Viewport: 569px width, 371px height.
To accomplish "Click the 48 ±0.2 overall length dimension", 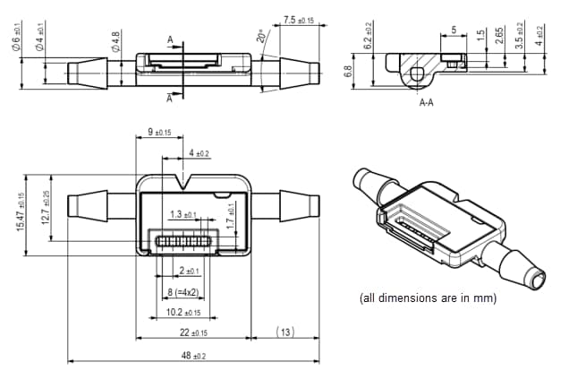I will tap(192, 356).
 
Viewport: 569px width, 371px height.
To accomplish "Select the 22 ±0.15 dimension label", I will tap(192, 332).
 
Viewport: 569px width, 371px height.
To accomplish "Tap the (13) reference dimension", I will tap(284, 332).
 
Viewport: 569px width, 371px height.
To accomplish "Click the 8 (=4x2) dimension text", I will tap(183, 293).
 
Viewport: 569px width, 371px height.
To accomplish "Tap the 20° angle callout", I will tap(261, 37).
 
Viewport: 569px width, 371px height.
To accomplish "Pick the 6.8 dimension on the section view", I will tap(348, 71).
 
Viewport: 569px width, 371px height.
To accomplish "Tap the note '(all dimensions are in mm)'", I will tap(427, 298).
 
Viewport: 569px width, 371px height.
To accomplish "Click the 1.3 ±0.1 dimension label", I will tap(183, 215).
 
